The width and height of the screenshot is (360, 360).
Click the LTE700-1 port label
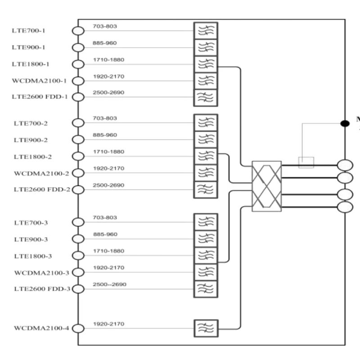tap(29, 31)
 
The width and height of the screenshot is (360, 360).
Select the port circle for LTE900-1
tap(78, 47)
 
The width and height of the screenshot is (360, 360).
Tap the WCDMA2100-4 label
tap(41, 328)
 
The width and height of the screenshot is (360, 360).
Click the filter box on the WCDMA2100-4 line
tap(206, 328)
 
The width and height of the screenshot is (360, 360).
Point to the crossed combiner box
tap(266, 186)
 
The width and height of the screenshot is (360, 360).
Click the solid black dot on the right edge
tap(345, 123)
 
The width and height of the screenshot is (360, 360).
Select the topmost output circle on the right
tap(345, 165)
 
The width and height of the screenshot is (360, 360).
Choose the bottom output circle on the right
tap(345, 207)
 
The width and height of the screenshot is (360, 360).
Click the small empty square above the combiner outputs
tap(306, 162)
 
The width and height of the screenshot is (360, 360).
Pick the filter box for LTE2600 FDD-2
tap(205, 189)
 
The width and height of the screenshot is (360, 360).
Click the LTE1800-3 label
tap(33, 256)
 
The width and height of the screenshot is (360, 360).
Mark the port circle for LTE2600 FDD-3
tap(78, 288)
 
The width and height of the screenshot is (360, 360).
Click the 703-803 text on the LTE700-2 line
tap(105, 118)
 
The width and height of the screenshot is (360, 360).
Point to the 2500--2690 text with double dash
tap(109, 284)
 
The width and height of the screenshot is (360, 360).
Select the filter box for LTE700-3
tap(206, 222)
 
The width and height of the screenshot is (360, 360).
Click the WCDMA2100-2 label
tap(41, 173)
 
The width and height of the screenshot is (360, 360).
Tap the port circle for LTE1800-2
tap(78, 156)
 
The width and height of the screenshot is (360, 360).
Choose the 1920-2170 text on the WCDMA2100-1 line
tap(108, 76)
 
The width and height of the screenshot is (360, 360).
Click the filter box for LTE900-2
tap(205, 139)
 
